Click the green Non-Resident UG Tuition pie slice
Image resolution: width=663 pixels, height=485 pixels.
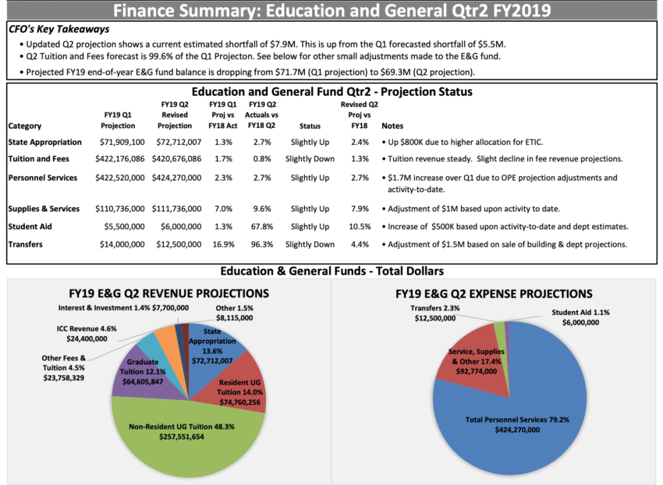click(x=182, y=448)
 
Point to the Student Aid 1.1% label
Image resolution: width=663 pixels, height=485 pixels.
click(x=580, y=313)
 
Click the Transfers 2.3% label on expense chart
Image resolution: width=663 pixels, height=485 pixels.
click(x=434, y=308)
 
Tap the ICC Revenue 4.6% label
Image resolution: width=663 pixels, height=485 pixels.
click(x=87, y=328)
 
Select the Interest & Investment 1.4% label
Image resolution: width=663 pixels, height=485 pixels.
click(x=104, y=308)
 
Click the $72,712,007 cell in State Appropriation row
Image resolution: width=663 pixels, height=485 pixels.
click(x=179, y=142)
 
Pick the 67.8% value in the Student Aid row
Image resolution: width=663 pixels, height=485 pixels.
click(x=262, y=227)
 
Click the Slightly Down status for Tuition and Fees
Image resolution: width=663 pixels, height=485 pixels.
click(x=310, y=159)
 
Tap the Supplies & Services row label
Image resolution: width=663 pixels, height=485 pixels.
click(x=44, y=209)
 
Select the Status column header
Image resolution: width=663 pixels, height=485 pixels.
click(x=310, y=126)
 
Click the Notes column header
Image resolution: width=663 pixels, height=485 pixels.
click(x=392, y=126)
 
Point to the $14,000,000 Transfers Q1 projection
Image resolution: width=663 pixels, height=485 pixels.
click(x=122, y=244)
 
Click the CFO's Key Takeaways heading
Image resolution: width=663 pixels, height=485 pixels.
click(x=58, y=29)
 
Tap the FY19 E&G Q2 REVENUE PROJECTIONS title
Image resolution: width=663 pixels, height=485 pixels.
click(x=168, y=293)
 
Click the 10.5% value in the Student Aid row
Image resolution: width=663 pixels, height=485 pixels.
click(x=360, y=227)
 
